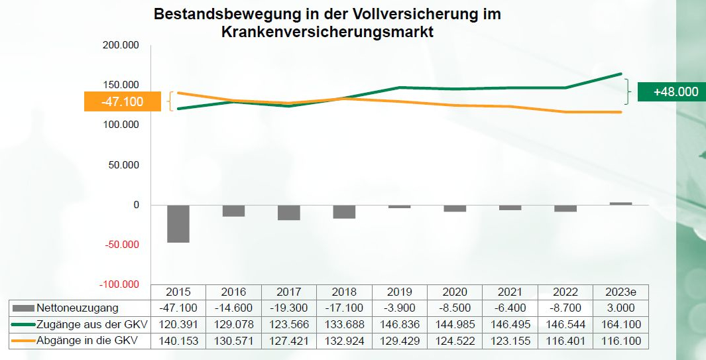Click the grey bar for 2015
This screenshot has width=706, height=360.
[178, 223]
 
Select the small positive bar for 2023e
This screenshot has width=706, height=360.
[620, 204]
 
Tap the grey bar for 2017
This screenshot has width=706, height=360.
[289, 212]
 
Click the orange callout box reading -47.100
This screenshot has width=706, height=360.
[123, 101]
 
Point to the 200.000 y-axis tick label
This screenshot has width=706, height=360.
[122, 45]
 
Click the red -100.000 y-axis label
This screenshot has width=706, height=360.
[120, 284]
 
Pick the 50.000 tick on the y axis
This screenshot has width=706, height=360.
[125, 165]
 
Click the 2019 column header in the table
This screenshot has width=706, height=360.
[400, 292]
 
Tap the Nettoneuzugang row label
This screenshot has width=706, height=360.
[78, 308]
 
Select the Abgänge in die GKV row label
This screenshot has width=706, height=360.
[91, 341]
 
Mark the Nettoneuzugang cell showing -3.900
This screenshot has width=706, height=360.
[400, 308]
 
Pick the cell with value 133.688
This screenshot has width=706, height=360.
[344, 324]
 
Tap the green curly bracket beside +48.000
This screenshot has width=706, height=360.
[627, 91]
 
